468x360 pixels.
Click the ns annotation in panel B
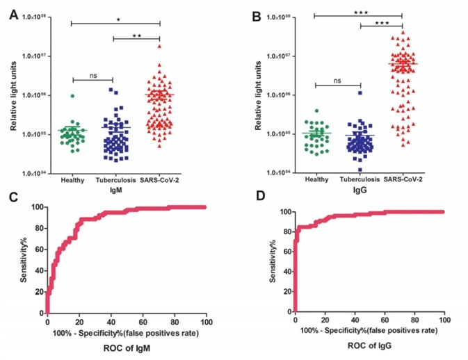tap(337, 80)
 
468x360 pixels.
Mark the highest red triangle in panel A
tap(161, 46)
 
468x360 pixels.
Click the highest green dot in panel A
tap(72, 96)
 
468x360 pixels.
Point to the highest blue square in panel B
tap(360, 92)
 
